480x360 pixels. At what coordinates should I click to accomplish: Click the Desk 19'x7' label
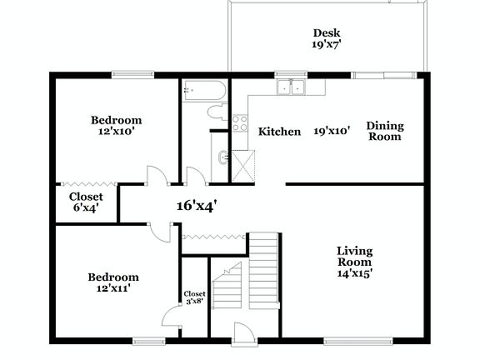coord(326,40)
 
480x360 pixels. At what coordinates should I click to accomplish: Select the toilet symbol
coord(214,115)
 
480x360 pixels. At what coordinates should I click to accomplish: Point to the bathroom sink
coord(220,158)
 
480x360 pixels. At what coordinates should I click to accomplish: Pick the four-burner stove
coord(239,124)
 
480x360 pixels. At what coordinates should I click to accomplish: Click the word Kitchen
coord(279,132)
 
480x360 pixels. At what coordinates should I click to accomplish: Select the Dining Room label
coord(385,132)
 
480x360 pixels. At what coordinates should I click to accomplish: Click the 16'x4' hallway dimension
coord(197,205)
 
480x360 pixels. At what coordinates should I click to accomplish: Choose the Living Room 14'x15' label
coord(354,261)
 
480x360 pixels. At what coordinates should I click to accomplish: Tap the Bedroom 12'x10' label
coord(117,125)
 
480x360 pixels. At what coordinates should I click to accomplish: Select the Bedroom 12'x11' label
coord(114,282)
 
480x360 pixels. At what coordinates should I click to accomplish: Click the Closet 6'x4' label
coord(86,202)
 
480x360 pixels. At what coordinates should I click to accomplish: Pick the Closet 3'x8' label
coord(194,297)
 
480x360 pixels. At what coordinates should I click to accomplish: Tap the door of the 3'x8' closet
coord(172,315)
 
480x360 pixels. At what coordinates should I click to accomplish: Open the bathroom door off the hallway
coord(196,176)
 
